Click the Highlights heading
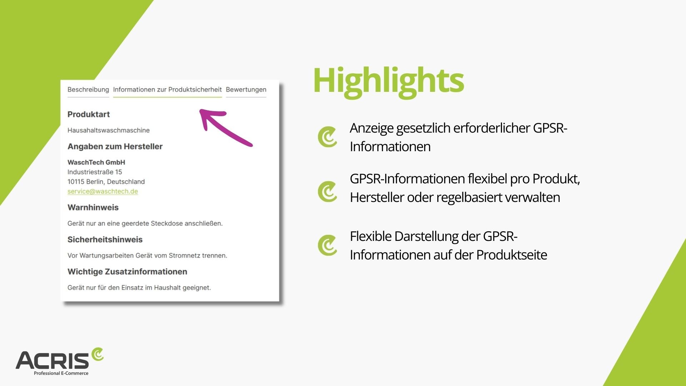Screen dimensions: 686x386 coord(388,81)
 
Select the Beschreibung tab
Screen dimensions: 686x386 coord(88,90)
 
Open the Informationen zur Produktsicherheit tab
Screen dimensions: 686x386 coord(167,90)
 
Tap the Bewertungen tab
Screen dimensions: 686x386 coord(246,90)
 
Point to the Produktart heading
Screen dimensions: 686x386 coord(89,114)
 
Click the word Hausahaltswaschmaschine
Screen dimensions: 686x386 coord(109,130)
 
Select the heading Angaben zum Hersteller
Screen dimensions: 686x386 coord(115,147)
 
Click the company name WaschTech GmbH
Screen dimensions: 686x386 coord(96,162)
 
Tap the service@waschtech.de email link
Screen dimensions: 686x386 coord(103,191)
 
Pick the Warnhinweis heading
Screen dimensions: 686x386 coord(93,208)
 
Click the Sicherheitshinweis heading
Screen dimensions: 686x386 coord(105,239)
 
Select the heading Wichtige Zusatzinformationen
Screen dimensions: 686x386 coord(127,272)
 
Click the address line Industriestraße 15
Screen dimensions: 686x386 coord(95,172)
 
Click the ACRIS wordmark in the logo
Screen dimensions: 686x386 coord(52,360)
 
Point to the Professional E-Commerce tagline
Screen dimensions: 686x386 coord(61,373)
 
